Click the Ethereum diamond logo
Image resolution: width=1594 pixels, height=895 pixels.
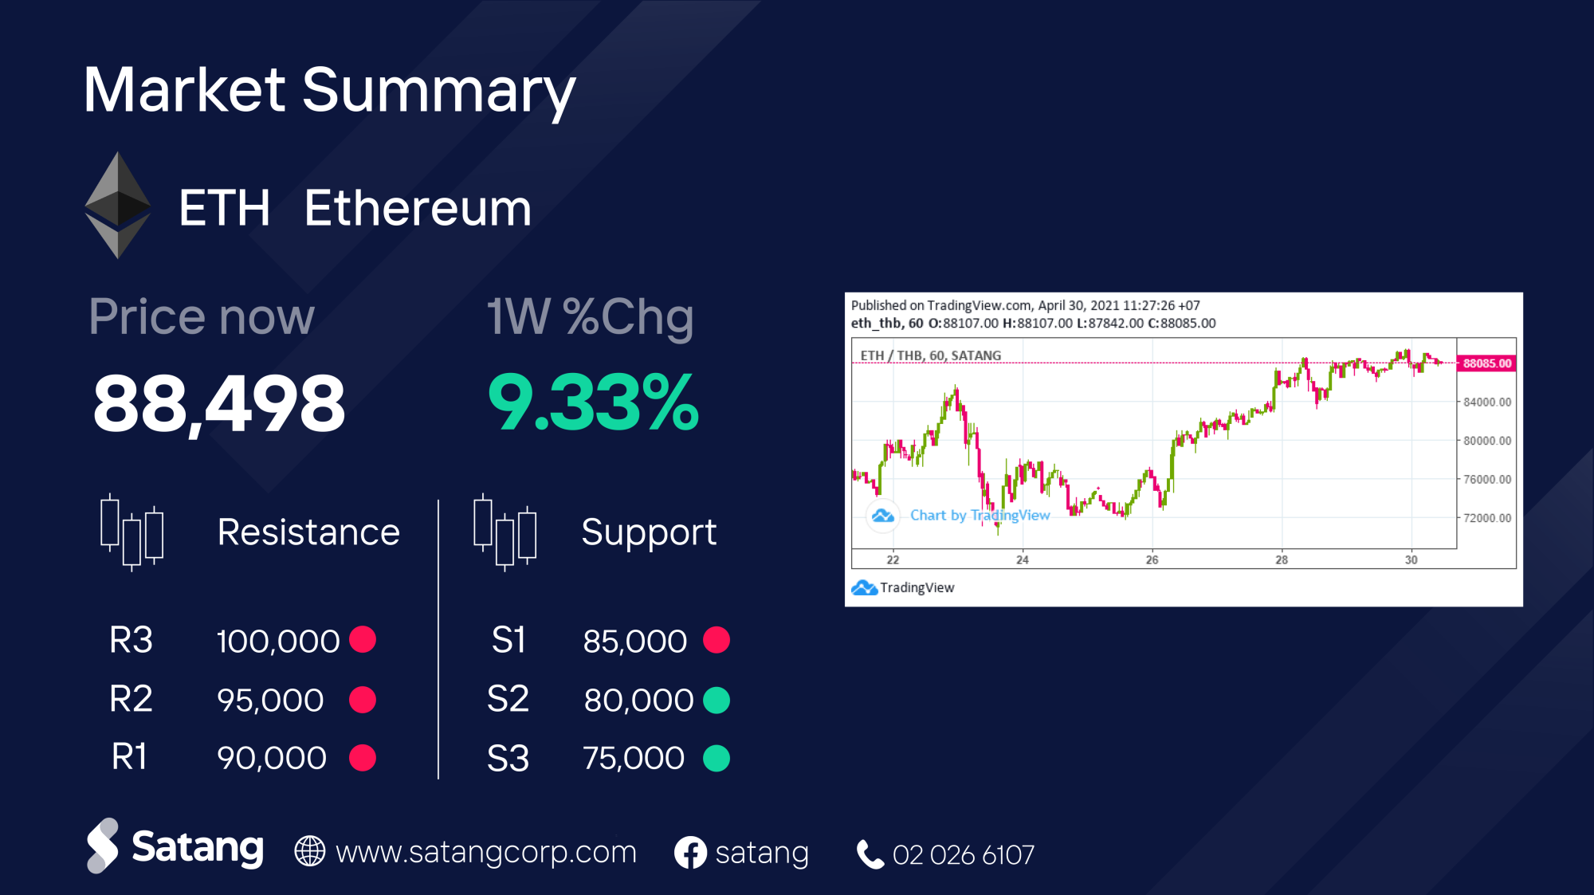pos(118,205)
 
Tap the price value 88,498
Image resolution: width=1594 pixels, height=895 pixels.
pos(219,403)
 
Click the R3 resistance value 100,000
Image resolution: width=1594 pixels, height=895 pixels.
pos(278,641)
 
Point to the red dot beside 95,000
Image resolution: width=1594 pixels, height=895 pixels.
pos(363,700)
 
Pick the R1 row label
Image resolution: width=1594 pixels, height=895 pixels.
pos(129,757)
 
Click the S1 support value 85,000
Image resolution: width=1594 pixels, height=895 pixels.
pos(634,641)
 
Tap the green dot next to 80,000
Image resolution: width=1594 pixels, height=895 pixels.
pos(717,700)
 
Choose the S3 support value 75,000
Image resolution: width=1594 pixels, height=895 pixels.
pos(634,758)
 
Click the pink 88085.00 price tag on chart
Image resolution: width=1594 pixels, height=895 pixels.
pos(1486,363)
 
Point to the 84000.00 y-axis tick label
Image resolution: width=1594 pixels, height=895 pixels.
pos(1487,402)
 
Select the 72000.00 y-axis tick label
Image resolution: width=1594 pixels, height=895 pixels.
pos(1487,518)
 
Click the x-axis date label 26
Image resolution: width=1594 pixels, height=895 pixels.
pos(1152,559)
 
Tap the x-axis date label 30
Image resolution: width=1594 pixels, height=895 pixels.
pos(1411,559)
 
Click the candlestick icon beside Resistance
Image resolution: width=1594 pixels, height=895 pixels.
pos(132,532)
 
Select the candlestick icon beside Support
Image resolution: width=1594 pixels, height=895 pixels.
pos(505,532)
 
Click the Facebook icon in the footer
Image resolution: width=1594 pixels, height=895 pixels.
pos(690,853)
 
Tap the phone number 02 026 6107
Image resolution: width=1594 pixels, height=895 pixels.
pos(964,854)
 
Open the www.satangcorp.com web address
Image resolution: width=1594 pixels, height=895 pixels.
pos(486,852)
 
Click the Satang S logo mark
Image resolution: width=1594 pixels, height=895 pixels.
pos(102,846)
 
